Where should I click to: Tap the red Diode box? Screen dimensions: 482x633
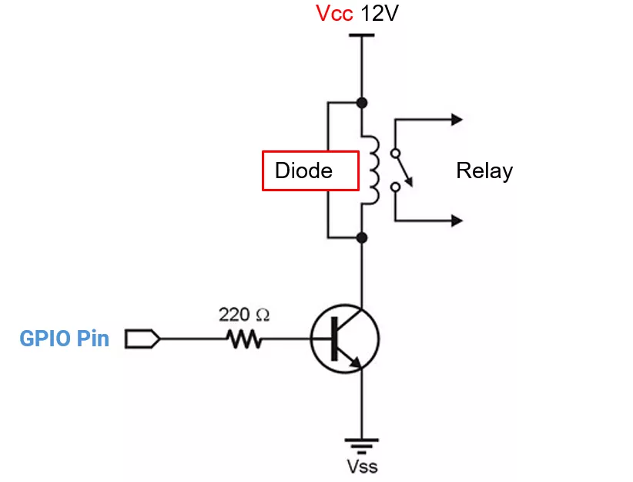pos(310,170)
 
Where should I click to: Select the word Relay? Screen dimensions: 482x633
pos(484,170)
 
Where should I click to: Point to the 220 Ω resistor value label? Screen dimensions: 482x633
pos(244,315)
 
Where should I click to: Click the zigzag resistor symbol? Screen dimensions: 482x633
pos(244,339)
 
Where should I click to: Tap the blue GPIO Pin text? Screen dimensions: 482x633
pos(64,339)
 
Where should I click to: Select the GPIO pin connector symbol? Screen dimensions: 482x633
pos(142,339)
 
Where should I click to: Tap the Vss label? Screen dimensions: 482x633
pos(361,466)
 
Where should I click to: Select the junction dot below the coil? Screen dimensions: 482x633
pos(362,238)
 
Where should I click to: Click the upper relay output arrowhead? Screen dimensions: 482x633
pos(457,119)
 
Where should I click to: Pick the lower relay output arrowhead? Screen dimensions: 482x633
pos(457,221)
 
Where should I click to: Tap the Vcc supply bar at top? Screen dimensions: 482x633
pos(361,34)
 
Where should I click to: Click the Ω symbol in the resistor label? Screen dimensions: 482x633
pos(263,315)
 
